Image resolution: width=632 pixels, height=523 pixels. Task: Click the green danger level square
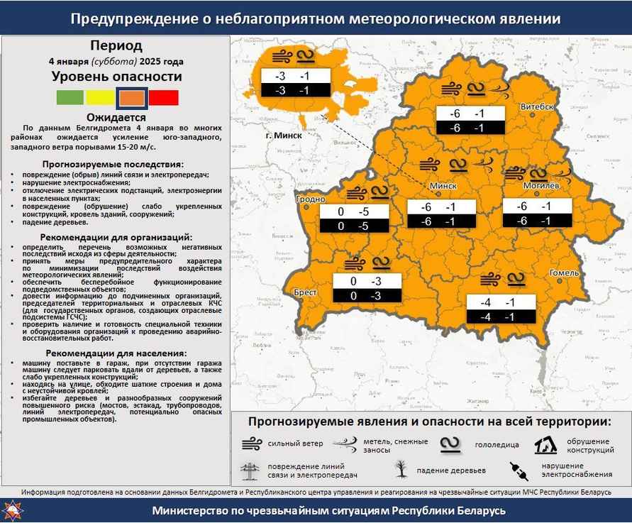(x=70, y=97)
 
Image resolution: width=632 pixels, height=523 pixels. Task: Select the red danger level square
(x=164, y=97)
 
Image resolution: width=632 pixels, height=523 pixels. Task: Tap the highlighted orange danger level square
(x=132, y=97)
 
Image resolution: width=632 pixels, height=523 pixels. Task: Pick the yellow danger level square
(x=100, y=97)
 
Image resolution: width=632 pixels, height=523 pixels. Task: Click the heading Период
(x=116, y=46)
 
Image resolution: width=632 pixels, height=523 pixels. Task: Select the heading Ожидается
(x=116, y=117)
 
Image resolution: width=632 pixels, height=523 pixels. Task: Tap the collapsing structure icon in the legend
(x=544, y=445)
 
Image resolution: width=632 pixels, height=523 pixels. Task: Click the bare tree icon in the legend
(x=401, y=469)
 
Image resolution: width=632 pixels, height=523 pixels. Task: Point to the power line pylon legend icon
(x=250, y=470)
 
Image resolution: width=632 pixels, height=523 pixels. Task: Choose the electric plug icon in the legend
(x=519, y=470)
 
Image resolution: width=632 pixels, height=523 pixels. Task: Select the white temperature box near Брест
(x=367, y=282)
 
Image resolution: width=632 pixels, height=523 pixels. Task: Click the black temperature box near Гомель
(x=501, y=316)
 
